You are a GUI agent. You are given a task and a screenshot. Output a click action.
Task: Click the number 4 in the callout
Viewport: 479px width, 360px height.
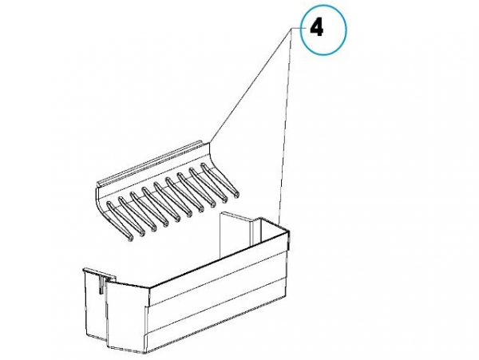[316, 29]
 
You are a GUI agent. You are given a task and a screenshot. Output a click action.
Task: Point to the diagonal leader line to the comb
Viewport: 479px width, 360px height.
[251, 84]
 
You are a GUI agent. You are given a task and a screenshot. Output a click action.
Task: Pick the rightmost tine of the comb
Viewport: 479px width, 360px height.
[220, 180]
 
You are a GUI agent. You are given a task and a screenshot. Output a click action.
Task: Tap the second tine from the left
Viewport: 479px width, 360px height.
[132, 216]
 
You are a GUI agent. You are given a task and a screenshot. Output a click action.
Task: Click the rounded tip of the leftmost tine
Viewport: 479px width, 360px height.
[130, 238]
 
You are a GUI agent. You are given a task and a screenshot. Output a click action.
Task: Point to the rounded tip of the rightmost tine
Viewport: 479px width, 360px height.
[236, 194]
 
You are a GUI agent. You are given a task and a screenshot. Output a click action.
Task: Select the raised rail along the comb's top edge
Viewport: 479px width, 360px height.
[150, 164]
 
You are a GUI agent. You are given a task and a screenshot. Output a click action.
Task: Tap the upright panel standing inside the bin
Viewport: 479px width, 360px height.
[236, 232]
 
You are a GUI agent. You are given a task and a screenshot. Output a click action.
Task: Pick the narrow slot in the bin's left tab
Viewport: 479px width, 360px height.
[101, 283]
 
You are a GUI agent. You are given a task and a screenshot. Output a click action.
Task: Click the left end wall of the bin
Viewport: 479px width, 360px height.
[95, 306]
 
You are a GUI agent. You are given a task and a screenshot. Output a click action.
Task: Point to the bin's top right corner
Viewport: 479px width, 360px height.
[289, 231]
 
